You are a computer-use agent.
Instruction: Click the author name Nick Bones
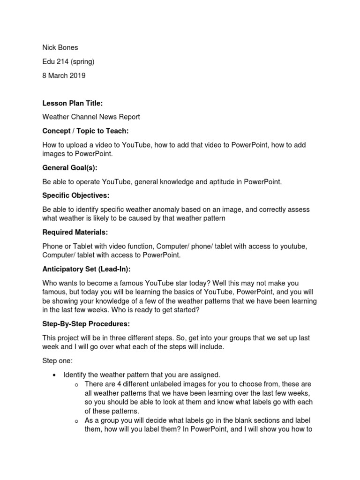coord(60,47)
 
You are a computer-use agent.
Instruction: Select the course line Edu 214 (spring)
coord(68,61)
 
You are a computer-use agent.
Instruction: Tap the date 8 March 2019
coord(64,75)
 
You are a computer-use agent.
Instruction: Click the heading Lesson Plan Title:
coord(72,103)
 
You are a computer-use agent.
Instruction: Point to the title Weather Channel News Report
coord(91,117)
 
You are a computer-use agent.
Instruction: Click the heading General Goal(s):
coord(70,168)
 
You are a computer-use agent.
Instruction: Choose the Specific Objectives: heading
coord(75,195)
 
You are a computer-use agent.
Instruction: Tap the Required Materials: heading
coord(75,232)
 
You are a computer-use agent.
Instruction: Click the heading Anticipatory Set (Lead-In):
coord(86,269)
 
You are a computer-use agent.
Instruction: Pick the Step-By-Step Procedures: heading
coord(86,324)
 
